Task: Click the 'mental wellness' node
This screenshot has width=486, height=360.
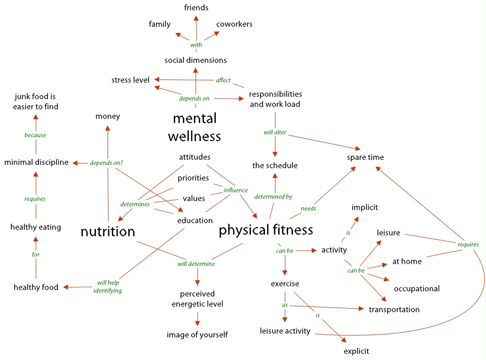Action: pos(195,127)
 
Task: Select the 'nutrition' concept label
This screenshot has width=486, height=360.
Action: pos(108,232)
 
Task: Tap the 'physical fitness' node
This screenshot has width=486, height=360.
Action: pos(266,230)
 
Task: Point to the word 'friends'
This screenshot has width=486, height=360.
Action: pos(196,8)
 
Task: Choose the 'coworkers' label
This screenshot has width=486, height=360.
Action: pos(235,24)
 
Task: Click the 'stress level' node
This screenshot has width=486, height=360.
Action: pos(130,80)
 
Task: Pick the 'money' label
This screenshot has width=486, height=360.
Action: pos(108,116)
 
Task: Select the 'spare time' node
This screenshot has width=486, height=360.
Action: pos(365,157)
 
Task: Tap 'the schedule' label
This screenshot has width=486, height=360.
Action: pos(275,165)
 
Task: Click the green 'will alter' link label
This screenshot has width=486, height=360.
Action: pos(275,133)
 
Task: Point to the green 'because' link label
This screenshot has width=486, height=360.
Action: pos(35,135)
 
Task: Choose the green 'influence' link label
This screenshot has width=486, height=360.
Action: pos(235,190)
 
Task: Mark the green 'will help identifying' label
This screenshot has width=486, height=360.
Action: pos(108,287)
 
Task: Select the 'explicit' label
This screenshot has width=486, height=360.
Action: pos(356,351)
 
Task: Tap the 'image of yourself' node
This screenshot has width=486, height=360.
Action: pos(197,335)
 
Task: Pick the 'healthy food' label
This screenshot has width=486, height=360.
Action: pos(36,287)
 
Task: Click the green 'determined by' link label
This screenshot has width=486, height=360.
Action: pos(273,197)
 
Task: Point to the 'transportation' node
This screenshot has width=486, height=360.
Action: pos(394,309)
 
